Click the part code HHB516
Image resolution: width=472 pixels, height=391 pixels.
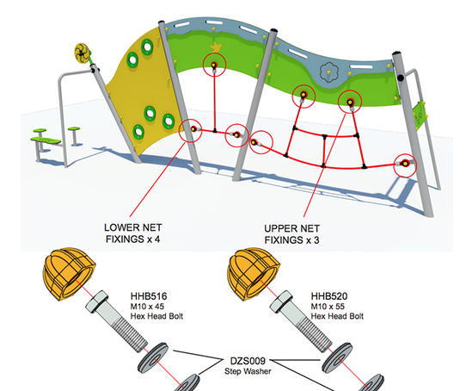click(149, 296)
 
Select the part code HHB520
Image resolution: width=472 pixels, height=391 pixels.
click(329, 296)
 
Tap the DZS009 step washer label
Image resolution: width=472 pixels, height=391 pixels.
click(248, 366)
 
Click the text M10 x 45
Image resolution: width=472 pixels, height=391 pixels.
click(147, 307)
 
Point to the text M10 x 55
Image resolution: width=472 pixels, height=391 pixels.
click(328, 307)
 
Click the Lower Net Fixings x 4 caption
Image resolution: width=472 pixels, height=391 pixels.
click(132, 233)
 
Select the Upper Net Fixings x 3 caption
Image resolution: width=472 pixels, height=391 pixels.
click(291, 234)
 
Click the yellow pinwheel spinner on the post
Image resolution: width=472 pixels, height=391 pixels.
click(83, 53)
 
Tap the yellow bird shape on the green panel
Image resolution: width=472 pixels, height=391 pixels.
click(216, 47)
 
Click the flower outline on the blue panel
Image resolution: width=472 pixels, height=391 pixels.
click(328, 72)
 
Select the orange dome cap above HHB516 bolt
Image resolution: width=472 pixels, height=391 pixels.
click(69, 274)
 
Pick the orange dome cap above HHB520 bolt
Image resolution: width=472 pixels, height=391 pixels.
click(253, 274)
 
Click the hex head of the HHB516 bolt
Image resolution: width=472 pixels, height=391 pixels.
click(97, 301)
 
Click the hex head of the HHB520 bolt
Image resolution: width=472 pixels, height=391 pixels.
click(281, 301)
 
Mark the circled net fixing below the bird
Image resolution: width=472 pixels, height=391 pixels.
click(214, 65)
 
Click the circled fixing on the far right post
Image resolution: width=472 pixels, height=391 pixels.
click(405, 164)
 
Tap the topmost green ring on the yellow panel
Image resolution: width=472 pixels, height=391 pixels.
click(147, 47)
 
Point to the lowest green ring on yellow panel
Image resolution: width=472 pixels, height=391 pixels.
click(138, 132)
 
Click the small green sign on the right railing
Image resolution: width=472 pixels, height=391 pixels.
click(420, 115)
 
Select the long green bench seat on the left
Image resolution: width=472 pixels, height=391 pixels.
click(46, 140)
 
